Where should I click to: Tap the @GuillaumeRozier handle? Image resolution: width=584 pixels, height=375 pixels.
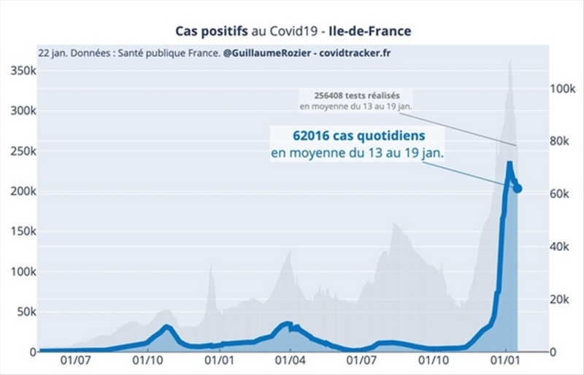tap(265, 53)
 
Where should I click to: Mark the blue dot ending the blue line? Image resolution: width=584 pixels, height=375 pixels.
tap(518, 189)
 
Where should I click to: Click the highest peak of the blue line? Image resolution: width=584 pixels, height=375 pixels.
tap(509, 163)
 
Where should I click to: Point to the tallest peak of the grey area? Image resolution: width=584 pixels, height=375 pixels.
tap(510, 62)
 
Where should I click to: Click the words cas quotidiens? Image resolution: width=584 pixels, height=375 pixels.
tap(381, 136)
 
